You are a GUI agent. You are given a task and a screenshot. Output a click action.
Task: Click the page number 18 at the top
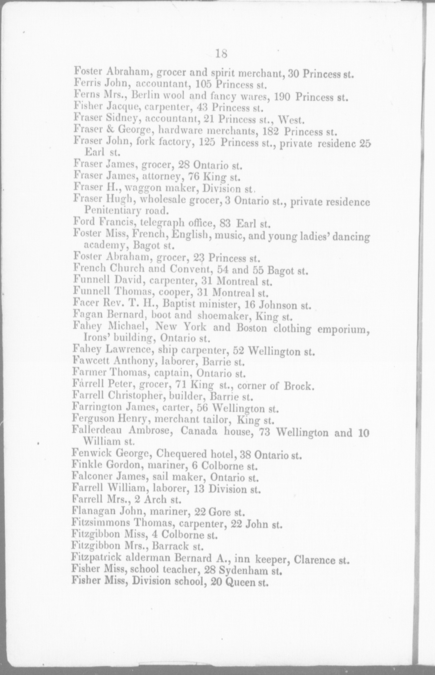(x=221, y=54)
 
